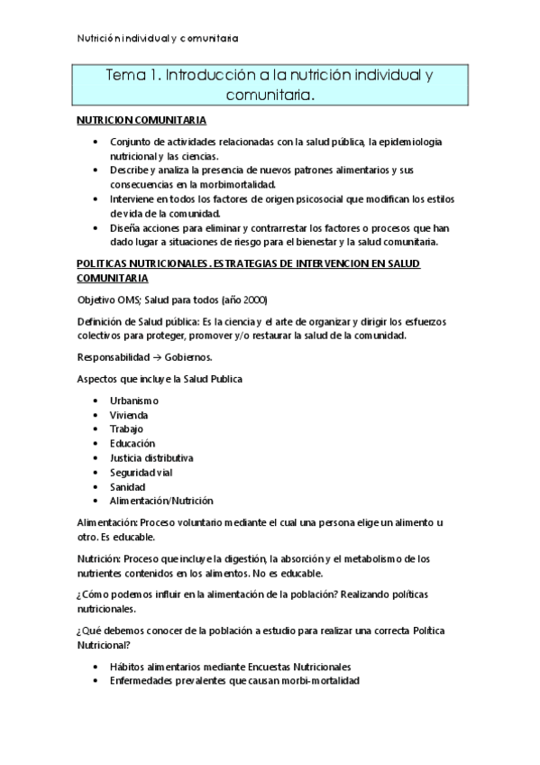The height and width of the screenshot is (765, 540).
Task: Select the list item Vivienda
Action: [x=129, y=414]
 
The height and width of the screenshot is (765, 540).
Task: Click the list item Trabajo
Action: [x=126, y=429]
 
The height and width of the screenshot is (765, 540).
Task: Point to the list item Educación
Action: [x=133, y=443]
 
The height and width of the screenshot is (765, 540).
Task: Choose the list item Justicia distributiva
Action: [x=151, y=457]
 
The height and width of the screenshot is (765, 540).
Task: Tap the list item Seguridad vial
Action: [x=141, y=472]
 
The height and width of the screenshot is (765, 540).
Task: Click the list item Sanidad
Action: [x=127, y=486]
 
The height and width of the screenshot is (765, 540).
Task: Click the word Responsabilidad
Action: [x=111, y=356]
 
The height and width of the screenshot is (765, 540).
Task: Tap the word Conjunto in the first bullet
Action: [x=131, y=143]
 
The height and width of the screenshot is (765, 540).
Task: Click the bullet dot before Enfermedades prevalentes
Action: [x=97, y=681]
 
